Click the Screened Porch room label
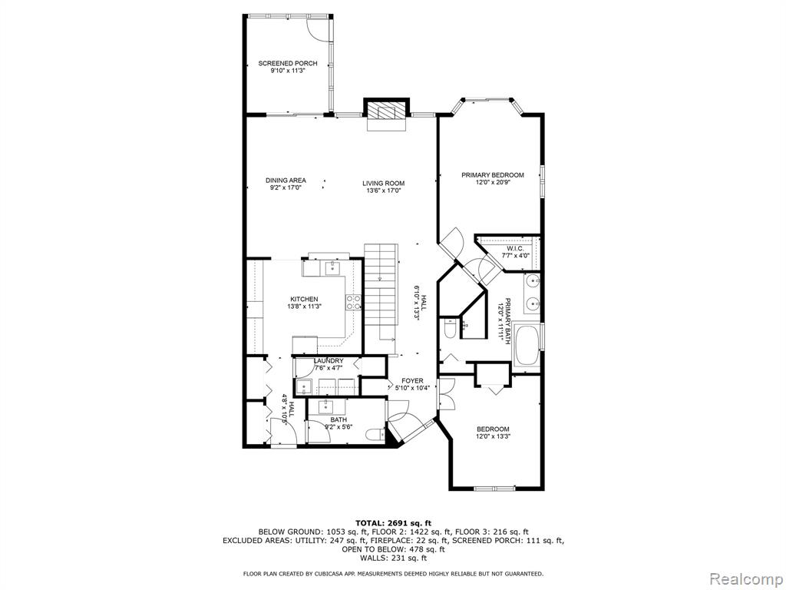tap(287, 63)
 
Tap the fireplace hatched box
tap(385, 111)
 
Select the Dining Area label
tap(286, 181)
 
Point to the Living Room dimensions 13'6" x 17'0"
tap(384, 191)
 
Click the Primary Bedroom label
tap(493, 175)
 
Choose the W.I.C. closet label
tap(515, 249)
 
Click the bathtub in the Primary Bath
tap(527, 345)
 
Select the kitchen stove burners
tap(353, 301)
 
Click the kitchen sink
tap(332, 268)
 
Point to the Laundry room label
tap(329, 361)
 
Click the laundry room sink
tap(304, 387)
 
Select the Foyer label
tap(412, 381)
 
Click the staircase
tap(381, 296)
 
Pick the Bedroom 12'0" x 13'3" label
tap(493, 433)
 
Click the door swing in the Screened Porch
tap(317, 28)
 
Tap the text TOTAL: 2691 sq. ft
tap(394, 522)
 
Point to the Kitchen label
tap(304, 299)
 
